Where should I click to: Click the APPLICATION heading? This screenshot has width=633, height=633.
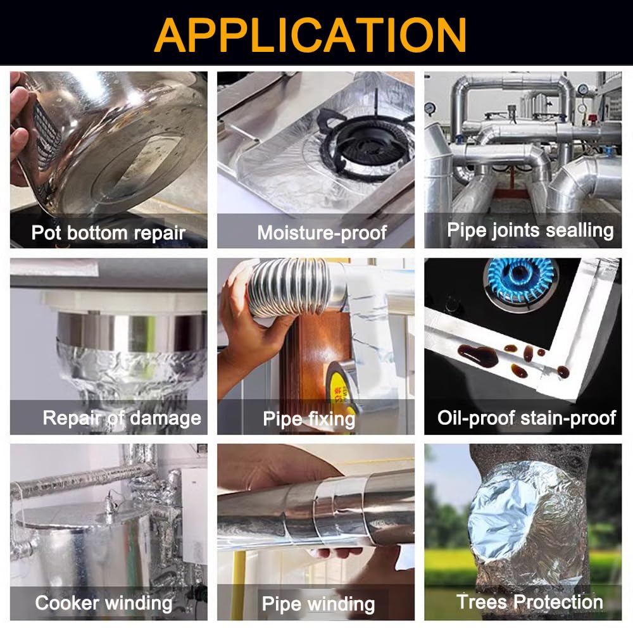pos(310,35)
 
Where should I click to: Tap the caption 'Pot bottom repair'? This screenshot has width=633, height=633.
pos(108,233)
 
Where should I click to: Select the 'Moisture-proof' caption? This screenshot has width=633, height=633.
pos(322,232)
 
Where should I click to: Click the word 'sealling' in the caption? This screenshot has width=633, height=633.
pos(579,230)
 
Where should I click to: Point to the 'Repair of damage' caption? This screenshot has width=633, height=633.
pos(122,418)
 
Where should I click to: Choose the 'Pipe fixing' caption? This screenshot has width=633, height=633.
pos(309,419)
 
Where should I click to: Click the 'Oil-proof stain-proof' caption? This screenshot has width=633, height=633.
pos(527,418)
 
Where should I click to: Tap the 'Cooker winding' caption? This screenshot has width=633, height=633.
pos(104,603)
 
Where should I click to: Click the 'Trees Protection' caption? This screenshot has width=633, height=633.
pos(530,602)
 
